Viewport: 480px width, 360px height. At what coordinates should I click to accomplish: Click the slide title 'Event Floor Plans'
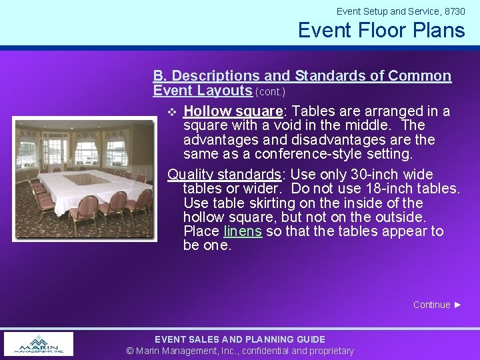click(381, 31)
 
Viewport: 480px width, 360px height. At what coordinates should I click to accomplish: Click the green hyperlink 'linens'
click(243, 231)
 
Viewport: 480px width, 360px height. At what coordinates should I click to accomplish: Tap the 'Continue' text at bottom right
click(431, 305)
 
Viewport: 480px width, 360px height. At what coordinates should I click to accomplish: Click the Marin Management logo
click(39, 343)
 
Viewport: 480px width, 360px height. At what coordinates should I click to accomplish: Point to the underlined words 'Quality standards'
click(224, 175)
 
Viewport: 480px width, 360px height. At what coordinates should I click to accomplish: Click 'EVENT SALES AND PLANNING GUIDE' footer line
click(240, 339)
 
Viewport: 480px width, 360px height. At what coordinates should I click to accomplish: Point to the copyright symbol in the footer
click(130, 351)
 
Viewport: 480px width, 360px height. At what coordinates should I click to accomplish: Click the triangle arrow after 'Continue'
click(458, 305)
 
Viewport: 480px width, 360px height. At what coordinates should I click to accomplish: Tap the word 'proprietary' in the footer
click(332, 351)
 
